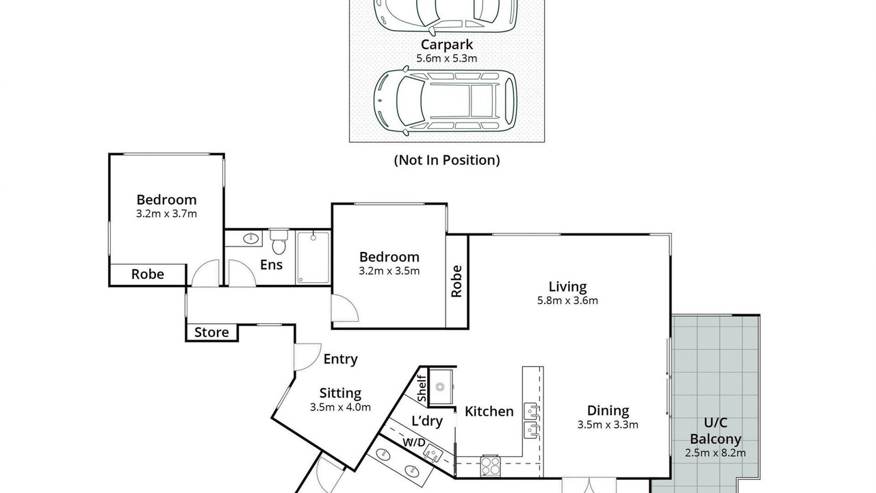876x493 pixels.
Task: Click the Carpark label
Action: (447, 45)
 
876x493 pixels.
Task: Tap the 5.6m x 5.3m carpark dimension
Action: (447, 59)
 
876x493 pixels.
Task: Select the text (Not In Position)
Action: (447, 160)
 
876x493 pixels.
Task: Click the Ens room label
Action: (271, 265)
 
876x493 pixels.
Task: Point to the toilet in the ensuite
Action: (279, 242)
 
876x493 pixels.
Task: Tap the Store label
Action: (211, 333)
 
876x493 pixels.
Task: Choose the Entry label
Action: (340, 359)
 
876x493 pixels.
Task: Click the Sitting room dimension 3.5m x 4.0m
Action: (340, 407)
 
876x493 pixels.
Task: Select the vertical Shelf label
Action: (422, 388)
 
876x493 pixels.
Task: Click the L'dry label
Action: (427, 421)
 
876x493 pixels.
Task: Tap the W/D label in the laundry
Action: (414, 442)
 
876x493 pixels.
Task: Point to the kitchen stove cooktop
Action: (491, 466)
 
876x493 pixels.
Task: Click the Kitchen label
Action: (489, 412)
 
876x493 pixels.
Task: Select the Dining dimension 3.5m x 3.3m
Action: (608, 425)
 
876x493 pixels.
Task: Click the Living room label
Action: (567, 287)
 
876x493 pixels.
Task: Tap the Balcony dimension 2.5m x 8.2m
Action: (715, 453)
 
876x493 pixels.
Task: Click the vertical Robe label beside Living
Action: (456, 281)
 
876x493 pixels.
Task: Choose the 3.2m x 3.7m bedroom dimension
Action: (166, 214)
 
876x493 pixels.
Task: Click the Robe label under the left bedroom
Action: (147, 275)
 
